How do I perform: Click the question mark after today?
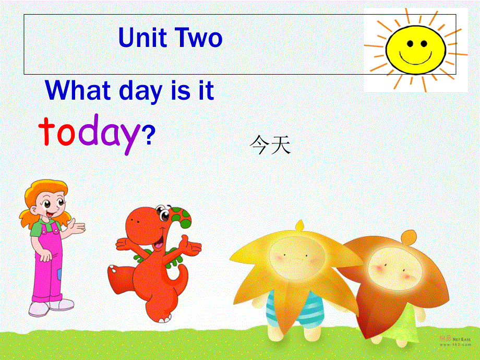148,136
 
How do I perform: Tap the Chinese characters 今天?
269,145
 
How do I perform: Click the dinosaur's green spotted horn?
181,219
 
